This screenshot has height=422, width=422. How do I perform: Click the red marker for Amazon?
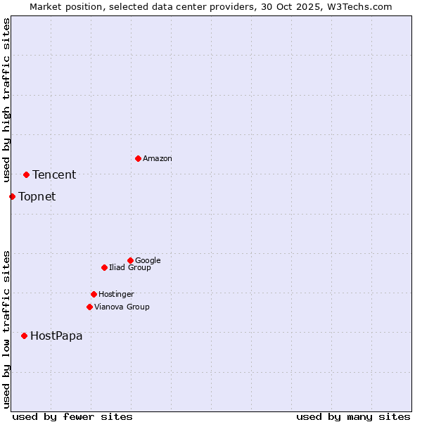pos(138,158)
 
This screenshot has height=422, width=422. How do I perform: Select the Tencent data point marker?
pos(26,174)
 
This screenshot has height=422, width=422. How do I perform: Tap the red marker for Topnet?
pos(12,196)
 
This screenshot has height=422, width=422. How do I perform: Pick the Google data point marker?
pos(130,260)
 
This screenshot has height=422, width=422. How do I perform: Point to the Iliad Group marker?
pos(104,267)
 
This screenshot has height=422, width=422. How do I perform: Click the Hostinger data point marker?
pos(94,294)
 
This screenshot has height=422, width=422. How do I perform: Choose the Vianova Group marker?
pos(89,307)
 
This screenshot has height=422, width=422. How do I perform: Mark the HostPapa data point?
pos(24,335)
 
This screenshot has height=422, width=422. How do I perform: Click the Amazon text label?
pos(158,159)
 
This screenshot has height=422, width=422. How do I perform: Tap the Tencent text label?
pos(54,175)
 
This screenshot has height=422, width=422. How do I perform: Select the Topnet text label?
pos(37,197)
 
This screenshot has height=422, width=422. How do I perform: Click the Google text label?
pos(148,261)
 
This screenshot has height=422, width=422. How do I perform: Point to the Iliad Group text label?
pos(130,268)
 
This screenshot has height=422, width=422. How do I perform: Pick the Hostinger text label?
pos(116,295)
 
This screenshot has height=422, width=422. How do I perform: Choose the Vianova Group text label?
pos(122,307)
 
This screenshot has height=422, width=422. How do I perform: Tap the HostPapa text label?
pos(56,336)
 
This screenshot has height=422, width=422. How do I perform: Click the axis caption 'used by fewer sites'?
pos(72,416)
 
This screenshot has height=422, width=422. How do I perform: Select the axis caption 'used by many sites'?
pos(353,416)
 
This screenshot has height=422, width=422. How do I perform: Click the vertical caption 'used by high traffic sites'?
pos(7,101)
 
